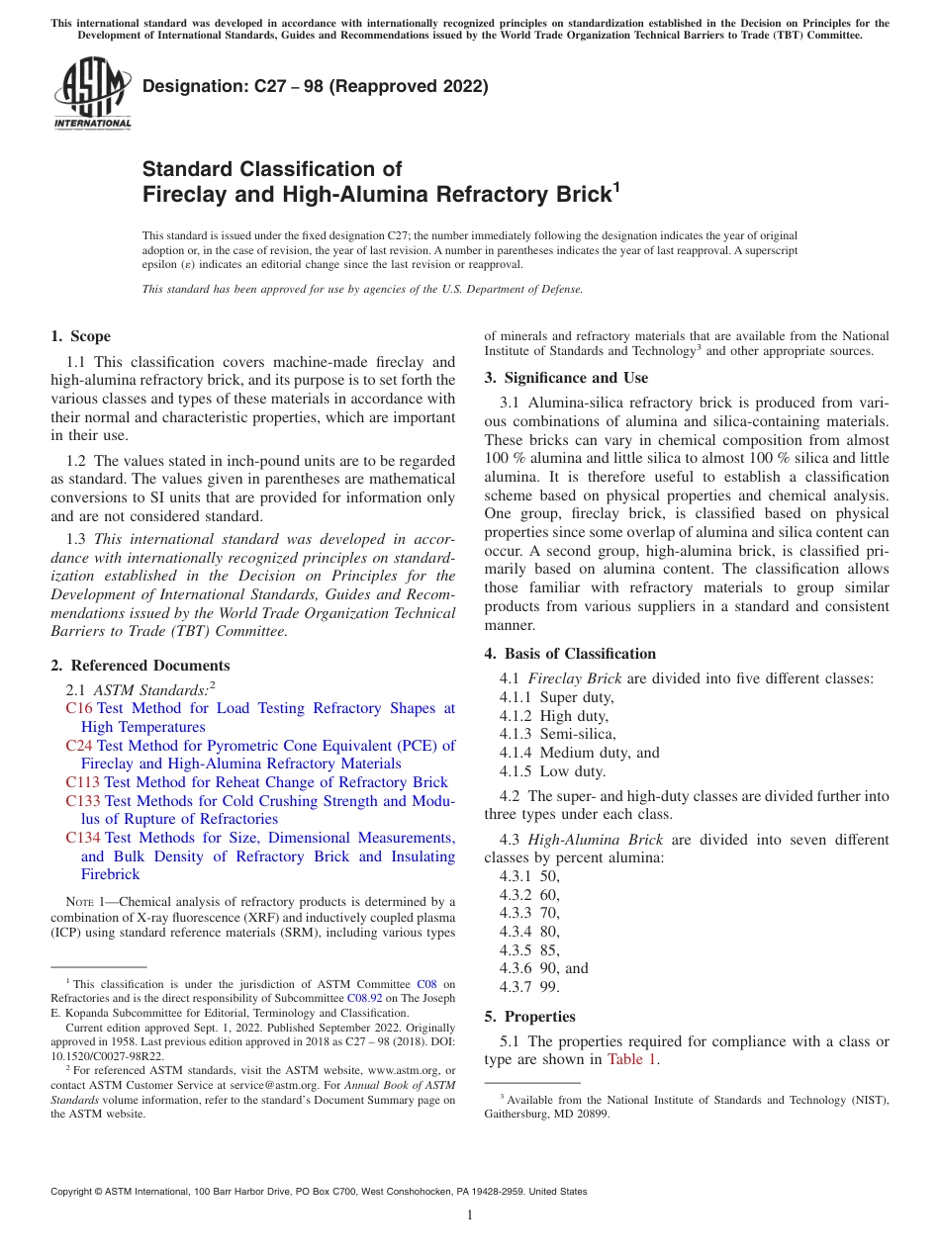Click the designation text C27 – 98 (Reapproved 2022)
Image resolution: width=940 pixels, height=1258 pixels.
coord(316,86)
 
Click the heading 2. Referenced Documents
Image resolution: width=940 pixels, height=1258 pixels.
coord(140,666)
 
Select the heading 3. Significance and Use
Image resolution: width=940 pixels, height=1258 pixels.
coord(566,378)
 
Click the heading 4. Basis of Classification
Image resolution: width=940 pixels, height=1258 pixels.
coord(570,654)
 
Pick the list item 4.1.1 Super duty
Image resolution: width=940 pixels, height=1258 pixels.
coord(556,697)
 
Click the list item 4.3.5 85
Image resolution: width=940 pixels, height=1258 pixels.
coord(529,949)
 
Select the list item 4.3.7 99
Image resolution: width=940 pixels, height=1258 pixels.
coord(529,987)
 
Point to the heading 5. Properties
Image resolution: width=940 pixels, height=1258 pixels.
coord(529,1017)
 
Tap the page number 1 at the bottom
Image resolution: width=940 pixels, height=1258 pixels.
coord(470,1215)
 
